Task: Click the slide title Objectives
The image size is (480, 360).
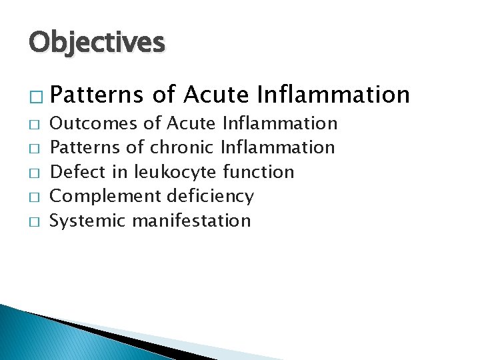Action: click(x=96, y=43)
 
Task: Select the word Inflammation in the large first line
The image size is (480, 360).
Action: click(x=333, y=95)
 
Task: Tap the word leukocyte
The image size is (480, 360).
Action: click(x=176, y=172)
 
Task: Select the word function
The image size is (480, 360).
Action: click(x=259, y=172)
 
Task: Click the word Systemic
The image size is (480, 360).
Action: click(x=89, y=221)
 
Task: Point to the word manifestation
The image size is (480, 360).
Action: click(x=192, y=221)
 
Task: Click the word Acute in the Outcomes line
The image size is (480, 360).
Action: click(x=191, y=123)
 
